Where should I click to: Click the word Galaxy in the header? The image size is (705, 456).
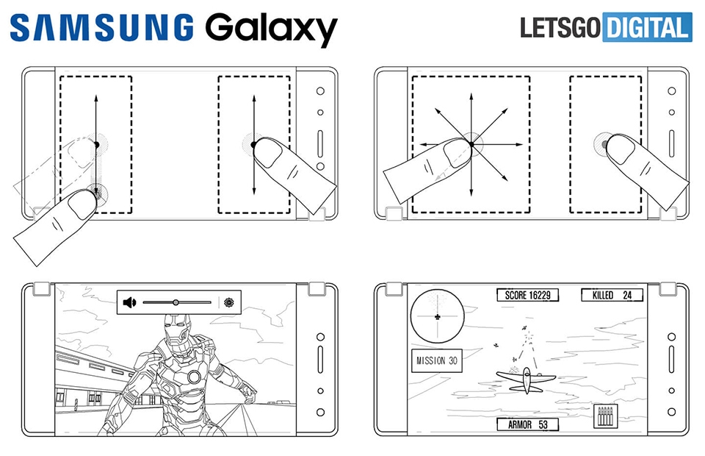[x=270, y=29]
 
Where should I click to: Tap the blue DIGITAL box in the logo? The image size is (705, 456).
[x=646, y=27]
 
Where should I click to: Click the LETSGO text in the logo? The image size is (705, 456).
[x=560, y=27]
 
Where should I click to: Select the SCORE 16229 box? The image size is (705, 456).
[x=527, y=296]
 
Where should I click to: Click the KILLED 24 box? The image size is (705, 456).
[x=612, y=296]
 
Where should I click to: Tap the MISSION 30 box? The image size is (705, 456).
[x=436, y=361]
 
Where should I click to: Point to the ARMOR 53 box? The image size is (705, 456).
[x=527, y=424]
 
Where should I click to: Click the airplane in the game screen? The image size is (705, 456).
[x=524, y=378]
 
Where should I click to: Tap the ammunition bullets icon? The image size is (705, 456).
[x=604, y=417]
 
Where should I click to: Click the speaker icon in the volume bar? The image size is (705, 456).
[x=130, y=302]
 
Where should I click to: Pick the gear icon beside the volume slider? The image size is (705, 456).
[x=229, y=302]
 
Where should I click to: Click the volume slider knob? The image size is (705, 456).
[x=176, y=302]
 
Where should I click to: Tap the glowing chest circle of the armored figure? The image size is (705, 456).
[x=194, y=377]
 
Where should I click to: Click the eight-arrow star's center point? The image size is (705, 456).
[x=471, y=143]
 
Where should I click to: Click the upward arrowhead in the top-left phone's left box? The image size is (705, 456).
[x=95, y=96]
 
